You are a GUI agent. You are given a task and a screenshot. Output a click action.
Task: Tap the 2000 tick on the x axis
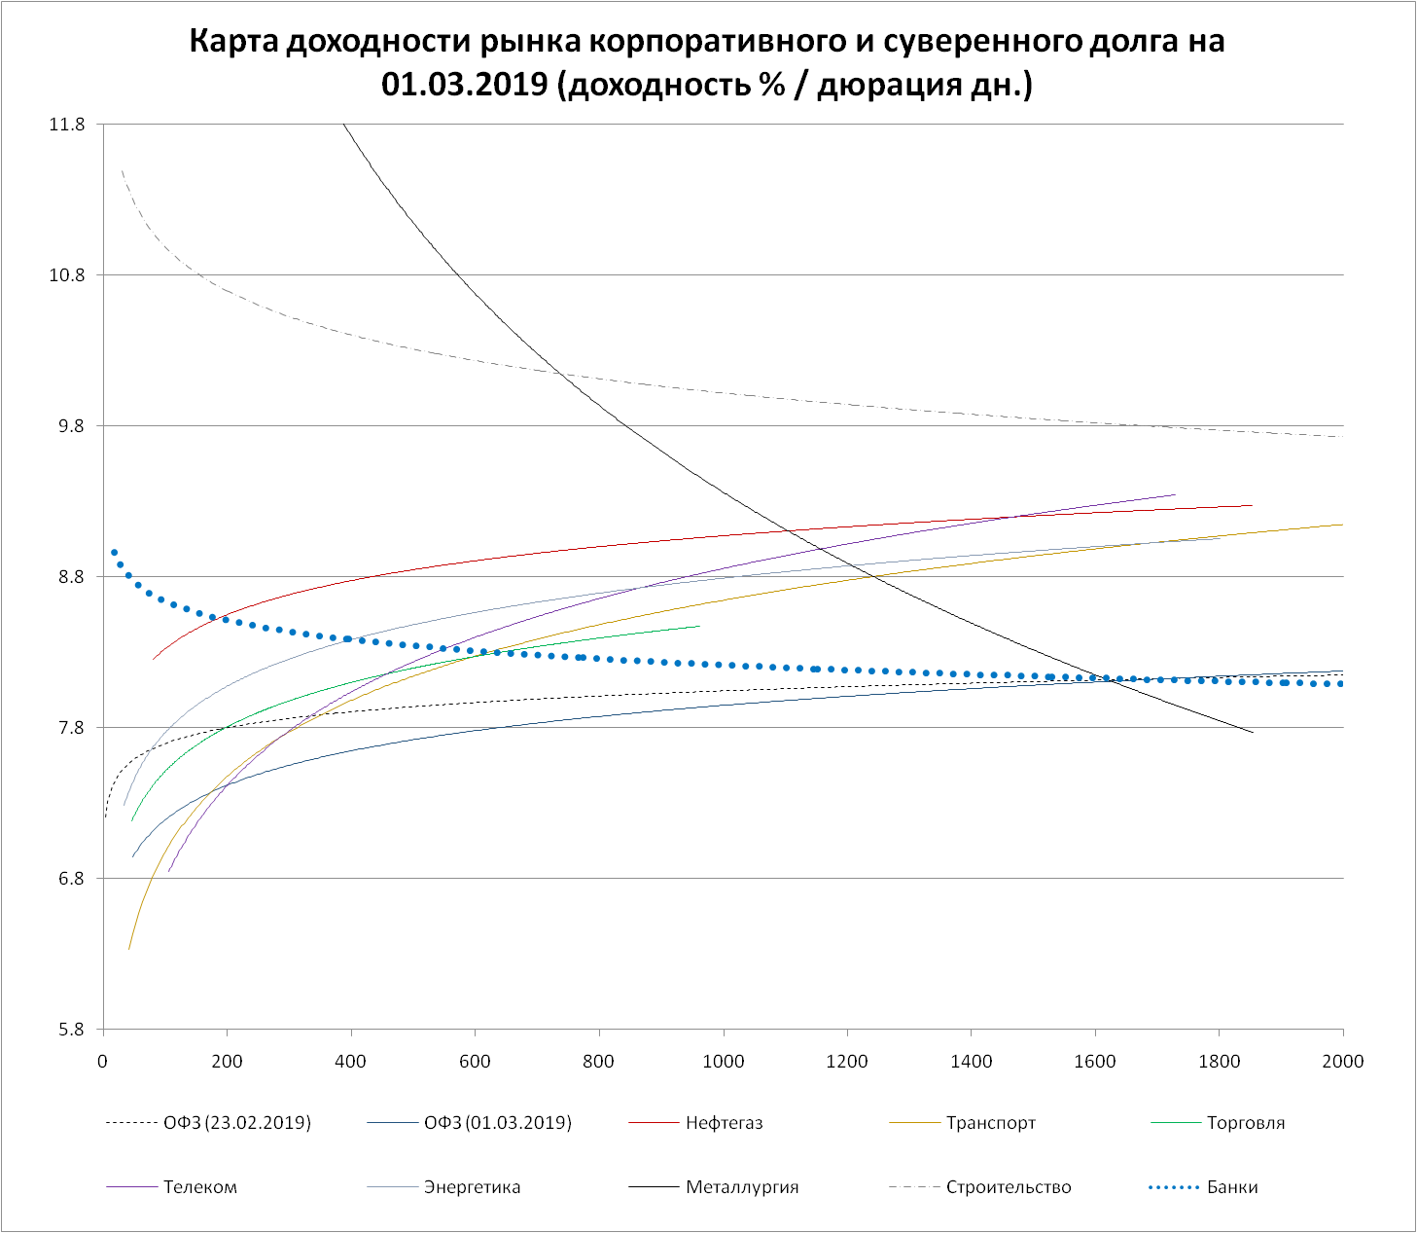pos(1343,1062)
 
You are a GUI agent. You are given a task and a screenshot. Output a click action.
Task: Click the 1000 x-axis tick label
pos(723,1062)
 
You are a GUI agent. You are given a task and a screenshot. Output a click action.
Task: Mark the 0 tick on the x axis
pos(103,1062)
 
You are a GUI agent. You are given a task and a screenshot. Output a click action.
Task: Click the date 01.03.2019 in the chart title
pos(468,85)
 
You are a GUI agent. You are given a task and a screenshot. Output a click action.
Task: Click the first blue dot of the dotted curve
pos(114,553)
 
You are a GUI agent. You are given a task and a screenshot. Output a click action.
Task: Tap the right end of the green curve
pos(699,626)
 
